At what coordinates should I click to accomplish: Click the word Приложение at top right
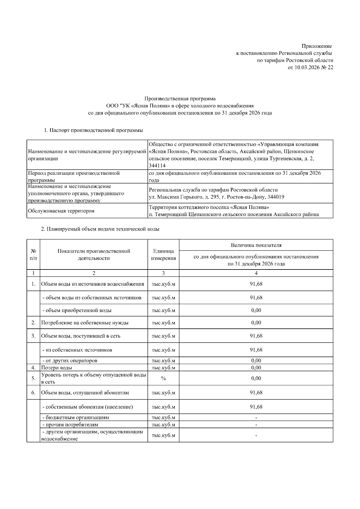pyautogui.click(x=316, y=46)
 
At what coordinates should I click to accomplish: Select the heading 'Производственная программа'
pyautogui.click(x=180, y=99)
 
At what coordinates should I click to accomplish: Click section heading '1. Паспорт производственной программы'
pyautogui.click(x=93, y=130)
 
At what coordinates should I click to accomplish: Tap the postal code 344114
pyautogui.click(x=157, y=166)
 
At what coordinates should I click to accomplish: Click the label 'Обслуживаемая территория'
pyautogui.click(x=61, y=211)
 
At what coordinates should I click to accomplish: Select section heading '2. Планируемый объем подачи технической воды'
pyautogui.click(x=100, y=229)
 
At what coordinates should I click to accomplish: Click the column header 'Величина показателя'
pyautogui.click(x=256, y=245)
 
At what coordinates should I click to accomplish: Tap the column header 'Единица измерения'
pyautogui.click(x=163, y=255)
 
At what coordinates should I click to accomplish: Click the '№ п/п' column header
pyautogui.click(x=34, y=255)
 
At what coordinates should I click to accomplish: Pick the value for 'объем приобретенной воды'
pyautogui.click(x=256, y=310)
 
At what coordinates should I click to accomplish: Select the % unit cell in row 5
pyautogui.click(x=163, y=378)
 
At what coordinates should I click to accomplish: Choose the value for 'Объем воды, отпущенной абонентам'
pyautogui.click(x=256, y=393)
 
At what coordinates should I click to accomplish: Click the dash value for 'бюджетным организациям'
pyautogui.click(x=256, y=418)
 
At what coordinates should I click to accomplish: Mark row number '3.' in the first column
pyautogui.click(x=34, y=336)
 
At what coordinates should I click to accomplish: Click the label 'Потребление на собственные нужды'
pyautogui.click(x=85, y=323)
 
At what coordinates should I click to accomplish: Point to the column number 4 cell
pyautogui.click(x=256, y=273)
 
